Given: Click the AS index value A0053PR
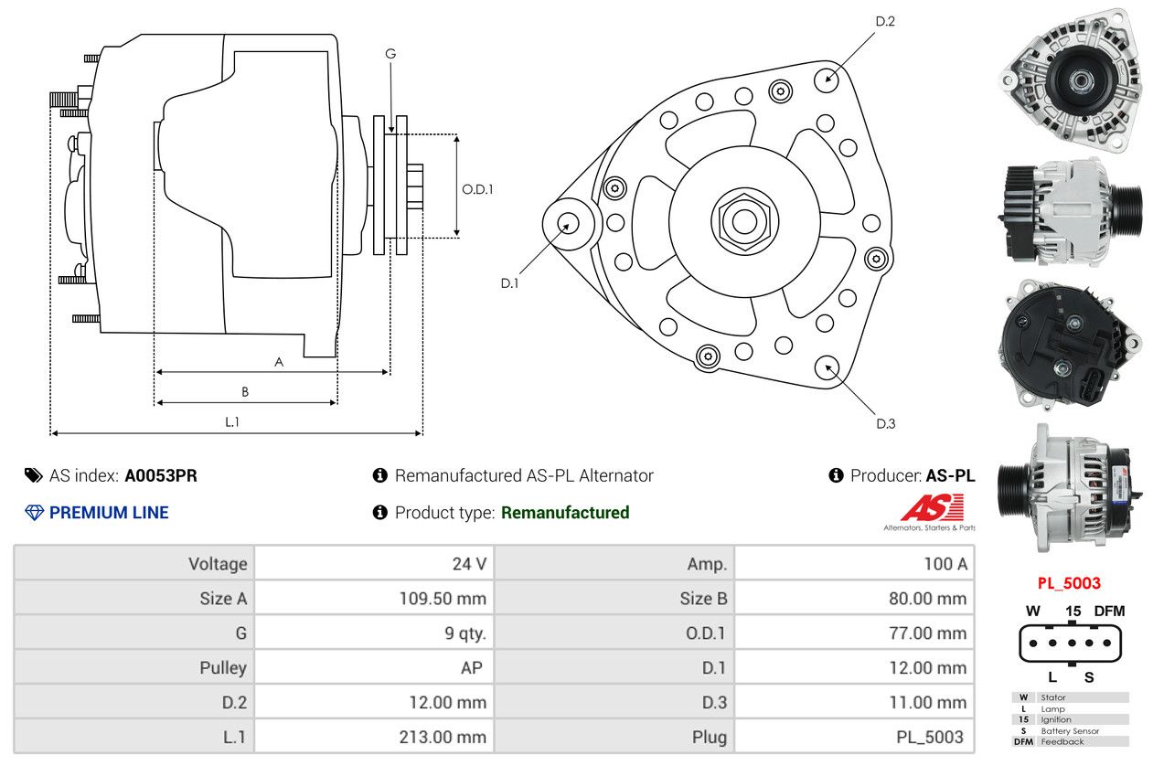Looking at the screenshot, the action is (161, 476).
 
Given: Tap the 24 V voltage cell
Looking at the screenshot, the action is (469, 564).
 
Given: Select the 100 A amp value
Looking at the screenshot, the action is (945, 564).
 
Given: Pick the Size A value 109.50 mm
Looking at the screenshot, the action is (443, 599).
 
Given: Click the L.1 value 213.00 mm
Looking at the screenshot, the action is (443, 737).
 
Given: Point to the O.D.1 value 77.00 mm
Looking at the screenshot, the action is (927, 633).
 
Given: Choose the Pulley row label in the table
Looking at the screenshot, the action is (223, 668).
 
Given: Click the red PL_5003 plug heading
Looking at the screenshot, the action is (1069, 583).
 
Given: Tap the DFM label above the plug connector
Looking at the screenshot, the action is (1109, 612).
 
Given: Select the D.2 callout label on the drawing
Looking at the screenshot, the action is (885, 22).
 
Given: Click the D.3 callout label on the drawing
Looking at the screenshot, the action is (886, 423).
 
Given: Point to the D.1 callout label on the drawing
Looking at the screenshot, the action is (509, 283).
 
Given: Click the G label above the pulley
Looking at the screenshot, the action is (390, 54).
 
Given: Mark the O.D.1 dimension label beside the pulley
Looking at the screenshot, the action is (477, 189).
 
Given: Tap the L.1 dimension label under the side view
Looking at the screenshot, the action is (232, 421).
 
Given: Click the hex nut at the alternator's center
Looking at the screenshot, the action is (744, 222).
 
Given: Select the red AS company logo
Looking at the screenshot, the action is (932, 507).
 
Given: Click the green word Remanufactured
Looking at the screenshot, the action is (565, 513).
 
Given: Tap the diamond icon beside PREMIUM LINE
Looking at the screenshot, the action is (34, 513).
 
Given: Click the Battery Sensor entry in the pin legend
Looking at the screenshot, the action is (1070, 730).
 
